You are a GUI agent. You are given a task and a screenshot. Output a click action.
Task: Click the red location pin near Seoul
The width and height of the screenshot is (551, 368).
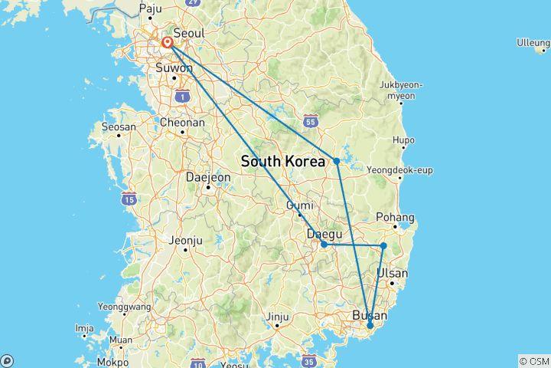click(167, 43)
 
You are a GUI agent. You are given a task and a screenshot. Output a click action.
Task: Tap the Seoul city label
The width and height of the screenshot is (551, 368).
click(188, 33)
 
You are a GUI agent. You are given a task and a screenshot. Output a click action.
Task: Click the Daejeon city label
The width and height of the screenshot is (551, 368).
click(208, 176)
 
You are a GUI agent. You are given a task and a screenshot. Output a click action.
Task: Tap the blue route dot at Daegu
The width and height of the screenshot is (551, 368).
click(324, 245)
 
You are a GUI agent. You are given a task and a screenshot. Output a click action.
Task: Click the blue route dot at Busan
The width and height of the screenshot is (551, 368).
click(370, 326)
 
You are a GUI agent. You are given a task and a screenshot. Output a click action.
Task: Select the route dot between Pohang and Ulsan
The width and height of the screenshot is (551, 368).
click(383, 245)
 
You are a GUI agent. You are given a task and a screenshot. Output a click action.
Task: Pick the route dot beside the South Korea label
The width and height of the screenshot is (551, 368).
click(337, 161)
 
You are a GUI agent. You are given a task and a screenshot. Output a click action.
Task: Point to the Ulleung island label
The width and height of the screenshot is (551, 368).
click(533, 42)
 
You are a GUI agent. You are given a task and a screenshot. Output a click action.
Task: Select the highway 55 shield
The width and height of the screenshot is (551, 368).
click(310, 120)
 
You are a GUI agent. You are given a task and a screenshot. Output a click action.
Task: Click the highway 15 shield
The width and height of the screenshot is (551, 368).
click(129, 199)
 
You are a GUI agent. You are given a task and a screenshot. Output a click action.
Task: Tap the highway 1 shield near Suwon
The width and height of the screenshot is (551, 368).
click(182, 96)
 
